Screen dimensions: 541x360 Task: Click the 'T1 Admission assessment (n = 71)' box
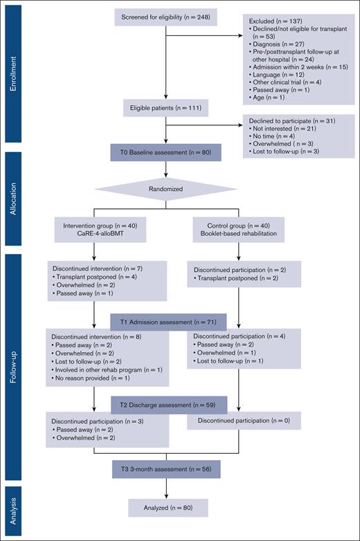pos(165,322)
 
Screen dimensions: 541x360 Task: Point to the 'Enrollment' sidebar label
pos(12,69)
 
